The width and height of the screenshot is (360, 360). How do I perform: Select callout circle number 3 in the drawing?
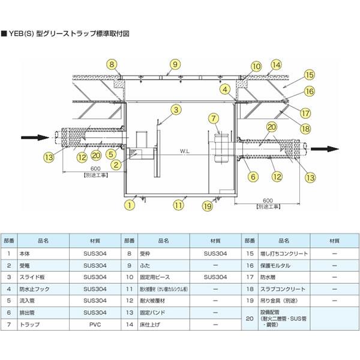(x=175, y=109)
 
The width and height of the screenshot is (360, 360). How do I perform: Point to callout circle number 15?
(x=309, y=76)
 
